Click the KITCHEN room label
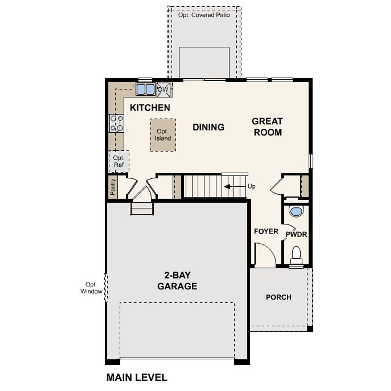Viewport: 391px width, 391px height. [x=150, y=108]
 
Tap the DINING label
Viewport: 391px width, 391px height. [x=208, y=127]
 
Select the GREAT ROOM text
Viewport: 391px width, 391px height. [x=267, y=127]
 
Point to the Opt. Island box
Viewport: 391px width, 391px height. [x=163, y=135]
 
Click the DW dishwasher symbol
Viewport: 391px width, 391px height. [x=163, y=90]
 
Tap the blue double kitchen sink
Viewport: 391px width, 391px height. [x=145, y=90]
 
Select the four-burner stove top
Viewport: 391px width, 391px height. [x=116, y=123]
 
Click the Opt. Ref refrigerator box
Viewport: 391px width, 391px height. [x=119, y=161]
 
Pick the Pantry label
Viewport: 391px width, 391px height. [x=113, y=187]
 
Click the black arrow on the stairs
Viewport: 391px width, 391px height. [x=227, y=187]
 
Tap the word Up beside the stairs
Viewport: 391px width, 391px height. [x=251, y=186]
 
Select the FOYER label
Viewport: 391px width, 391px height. [x=266, y=232]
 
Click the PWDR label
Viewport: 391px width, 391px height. [x=296, y=235]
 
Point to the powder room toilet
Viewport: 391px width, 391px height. [x=296, y=254]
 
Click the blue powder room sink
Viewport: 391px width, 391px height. [x=296, y=211]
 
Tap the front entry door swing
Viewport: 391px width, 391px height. [x=265, y=254]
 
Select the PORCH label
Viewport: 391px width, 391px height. [x=278, y=297]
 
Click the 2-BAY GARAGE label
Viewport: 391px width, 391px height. [x=177, y=281]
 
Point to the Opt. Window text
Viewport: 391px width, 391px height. [x=91, y=288]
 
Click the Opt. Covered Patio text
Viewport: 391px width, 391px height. [x=204, y=15]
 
